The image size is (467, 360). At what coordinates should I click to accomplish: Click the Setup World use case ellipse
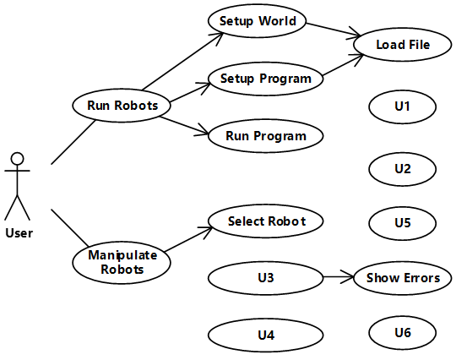coord(257,21)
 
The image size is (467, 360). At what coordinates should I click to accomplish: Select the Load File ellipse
coord(402,45)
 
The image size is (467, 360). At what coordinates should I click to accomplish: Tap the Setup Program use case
coord(266,79)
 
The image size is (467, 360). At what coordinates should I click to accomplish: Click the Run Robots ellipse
coord(122,105)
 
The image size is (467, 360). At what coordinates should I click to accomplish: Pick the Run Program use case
coord(266,136)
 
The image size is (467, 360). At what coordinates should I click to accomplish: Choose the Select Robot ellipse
coord(266,221)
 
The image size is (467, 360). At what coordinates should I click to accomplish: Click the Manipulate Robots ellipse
coord(122,262)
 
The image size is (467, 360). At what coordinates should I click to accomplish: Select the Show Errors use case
coord(402,278)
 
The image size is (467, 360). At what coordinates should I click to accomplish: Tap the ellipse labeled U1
coord(402,106)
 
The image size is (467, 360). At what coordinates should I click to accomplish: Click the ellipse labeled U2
coord(402,169)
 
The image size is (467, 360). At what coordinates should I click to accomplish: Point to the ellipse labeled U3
coord(266,278)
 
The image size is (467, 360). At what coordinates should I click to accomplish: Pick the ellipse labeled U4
coord(266,335)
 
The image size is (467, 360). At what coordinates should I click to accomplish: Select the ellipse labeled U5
coord(402,223)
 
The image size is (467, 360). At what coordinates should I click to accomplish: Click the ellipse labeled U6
coord(402,333)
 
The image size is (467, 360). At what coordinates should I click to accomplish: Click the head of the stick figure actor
coord(17,159)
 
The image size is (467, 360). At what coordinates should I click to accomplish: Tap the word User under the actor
coord(19,233)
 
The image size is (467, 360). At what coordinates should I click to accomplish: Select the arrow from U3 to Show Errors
coord(339,277)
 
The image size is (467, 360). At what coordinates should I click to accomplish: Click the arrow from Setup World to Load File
coord(334,30)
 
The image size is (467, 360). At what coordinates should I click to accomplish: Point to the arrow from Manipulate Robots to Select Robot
coord(188,239)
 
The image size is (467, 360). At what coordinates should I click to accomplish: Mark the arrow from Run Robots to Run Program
coord(184,125)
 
